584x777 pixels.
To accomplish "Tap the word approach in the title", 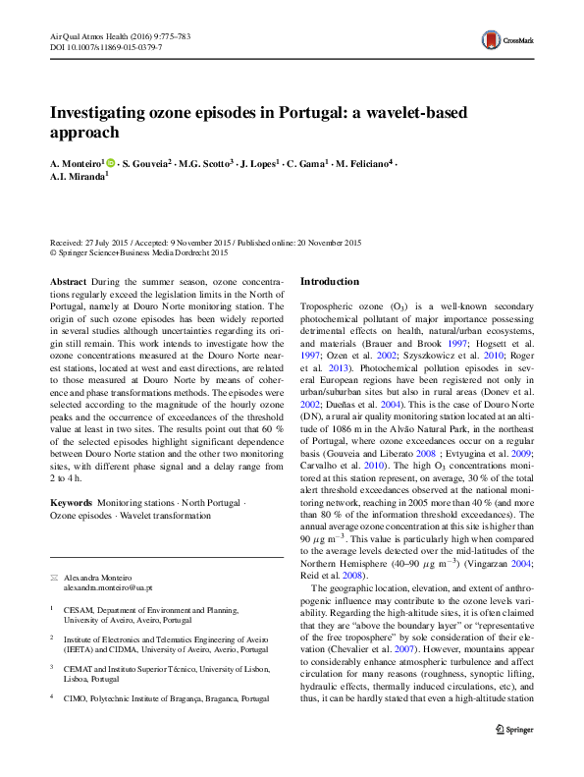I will pos(84,132).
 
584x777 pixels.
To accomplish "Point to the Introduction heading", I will pos(337,281).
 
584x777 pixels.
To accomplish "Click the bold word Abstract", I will pos(68,281).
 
